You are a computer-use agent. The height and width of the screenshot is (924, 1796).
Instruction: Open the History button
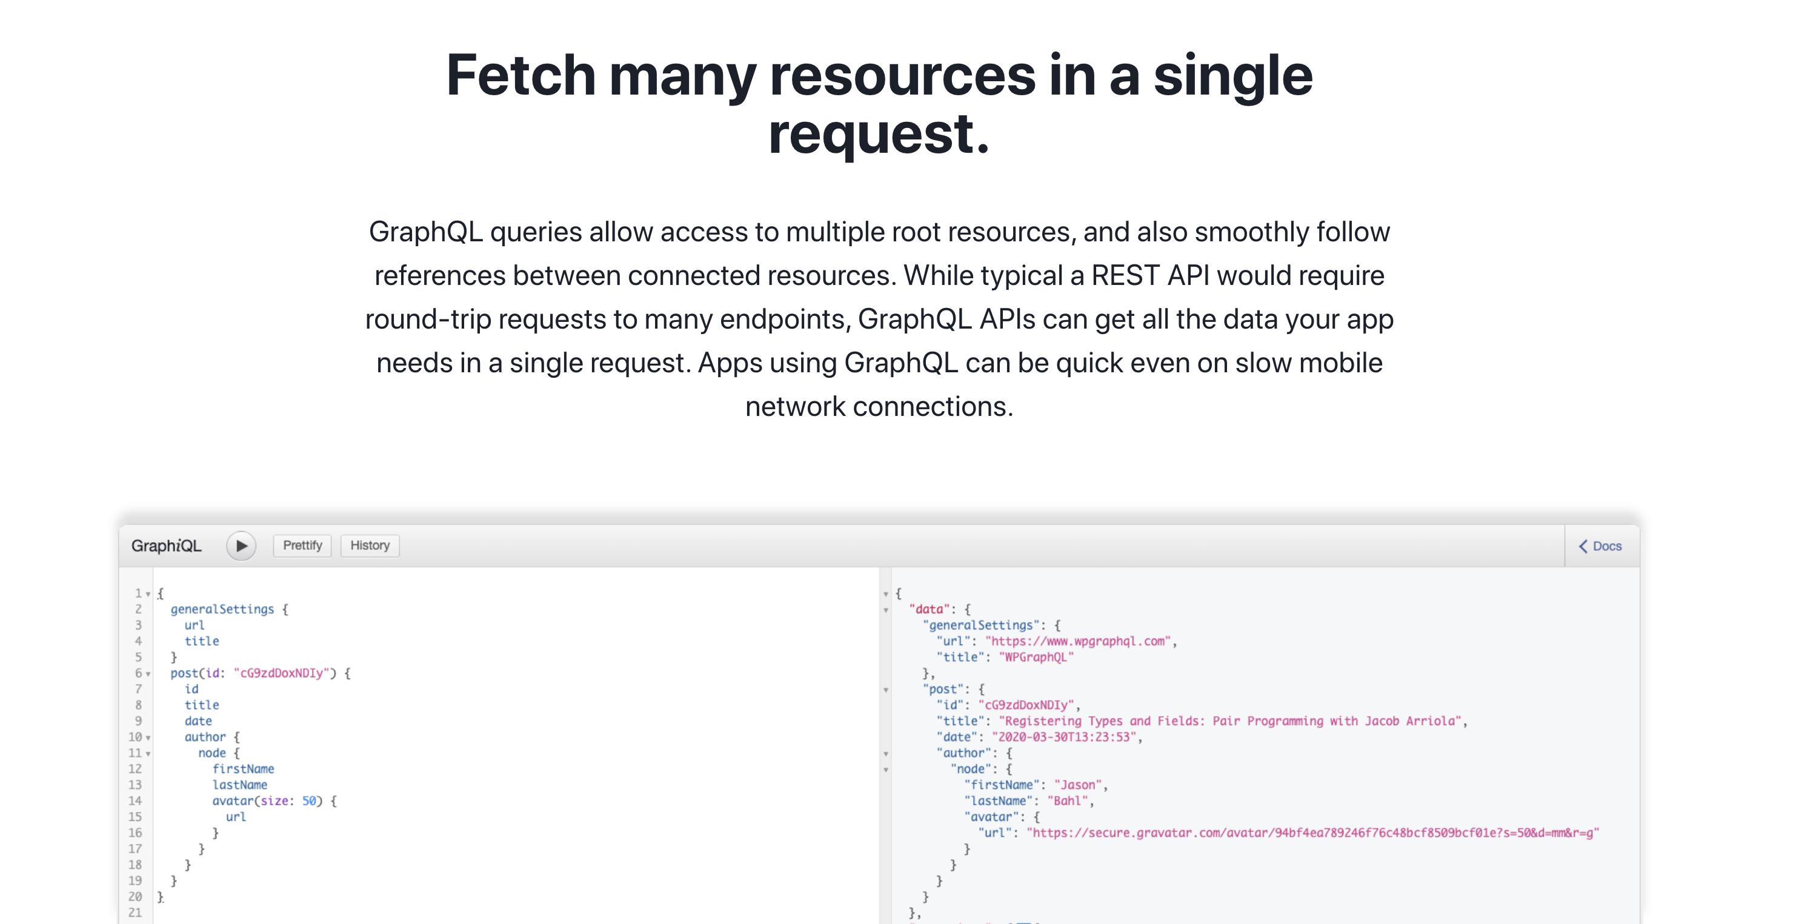click(x=370, y=545)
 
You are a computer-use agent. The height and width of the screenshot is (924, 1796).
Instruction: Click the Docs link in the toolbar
click(x=1601, y=546)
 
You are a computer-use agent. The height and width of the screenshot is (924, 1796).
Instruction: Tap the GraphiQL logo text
click(x=166, y=545)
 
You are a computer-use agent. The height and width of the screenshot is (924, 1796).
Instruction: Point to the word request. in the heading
click(x=879, y=134)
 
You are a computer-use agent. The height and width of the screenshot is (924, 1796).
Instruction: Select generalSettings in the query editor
click(x=222, y=609)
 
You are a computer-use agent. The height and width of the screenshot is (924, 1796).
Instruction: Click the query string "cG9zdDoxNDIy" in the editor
click(x=282, y=673)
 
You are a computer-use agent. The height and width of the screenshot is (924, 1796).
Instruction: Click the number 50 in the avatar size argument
click(x=309, y=800)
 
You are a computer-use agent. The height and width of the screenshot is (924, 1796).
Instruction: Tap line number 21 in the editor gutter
click(x=135, y=912)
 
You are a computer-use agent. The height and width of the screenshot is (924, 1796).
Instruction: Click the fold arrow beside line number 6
click(x=148, y=674)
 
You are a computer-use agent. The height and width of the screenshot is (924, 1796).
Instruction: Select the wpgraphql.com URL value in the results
click(x=1078, y=641)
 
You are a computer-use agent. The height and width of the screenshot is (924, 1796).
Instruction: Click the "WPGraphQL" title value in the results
click(x=1036, y=657)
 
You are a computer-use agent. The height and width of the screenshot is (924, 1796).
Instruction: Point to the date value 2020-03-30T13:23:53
click(x=1064, y=737)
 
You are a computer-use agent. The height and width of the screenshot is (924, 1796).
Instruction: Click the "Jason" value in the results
click(x=1078, y=785)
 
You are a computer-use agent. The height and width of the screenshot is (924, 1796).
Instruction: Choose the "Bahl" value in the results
click(x=1066, y=800)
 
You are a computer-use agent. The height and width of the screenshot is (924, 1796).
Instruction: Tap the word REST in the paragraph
click(x=1125, y=275)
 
